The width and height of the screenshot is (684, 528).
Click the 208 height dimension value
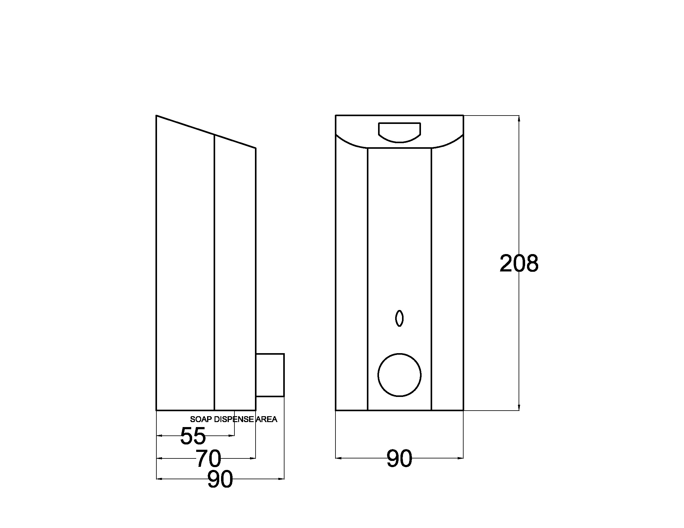[x=519, y=263]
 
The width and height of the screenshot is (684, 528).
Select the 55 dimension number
[x=193, y=436]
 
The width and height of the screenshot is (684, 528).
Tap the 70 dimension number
[x=208, y=458]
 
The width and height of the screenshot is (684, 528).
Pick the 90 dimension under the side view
[x=220, y=479]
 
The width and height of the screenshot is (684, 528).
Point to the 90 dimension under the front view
[x=399, y=458]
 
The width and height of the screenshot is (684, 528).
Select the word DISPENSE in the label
[x=234, y=419]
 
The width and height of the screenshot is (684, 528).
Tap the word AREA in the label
[x=266, y=419]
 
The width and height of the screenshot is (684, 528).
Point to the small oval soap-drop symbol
[x=399, y=318]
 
